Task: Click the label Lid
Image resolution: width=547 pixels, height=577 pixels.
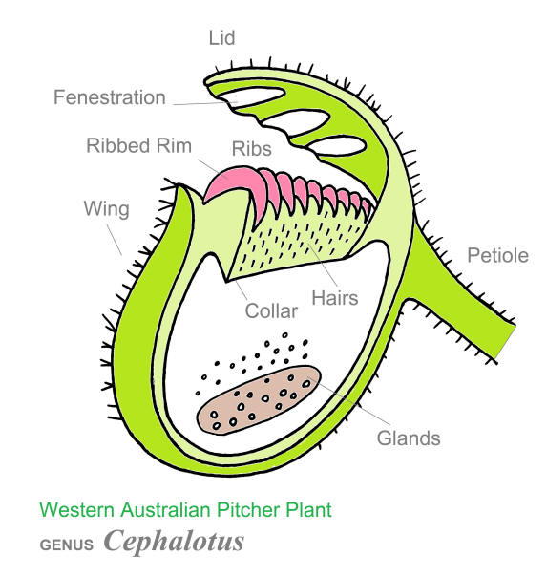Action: [221, 38]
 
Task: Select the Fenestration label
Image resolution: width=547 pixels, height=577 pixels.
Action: [110, 97]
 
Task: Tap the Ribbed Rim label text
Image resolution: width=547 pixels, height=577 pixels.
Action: [139, 145]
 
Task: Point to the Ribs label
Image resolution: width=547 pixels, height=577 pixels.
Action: [252, 149]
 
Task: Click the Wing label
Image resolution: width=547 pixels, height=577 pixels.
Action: [107, 209]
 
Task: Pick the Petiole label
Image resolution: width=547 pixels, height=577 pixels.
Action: [497, 255]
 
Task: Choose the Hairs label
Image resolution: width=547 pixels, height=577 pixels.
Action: [335, 298]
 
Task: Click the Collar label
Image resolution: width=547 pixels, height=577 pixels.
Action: [271, 311]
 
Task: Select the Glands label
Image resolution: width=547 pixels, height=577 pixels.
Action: [409, 438]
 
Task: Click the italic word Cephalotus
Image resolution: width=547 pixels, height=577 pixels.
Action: [174, 542]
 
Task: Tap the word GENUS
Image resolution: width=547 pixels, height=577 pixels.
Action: [67, 545]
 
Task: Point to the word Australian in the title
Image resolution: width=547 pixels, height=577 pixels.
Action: [166, 510]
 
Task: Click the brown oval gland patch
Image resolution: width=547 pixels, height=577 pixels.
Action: [259, 400]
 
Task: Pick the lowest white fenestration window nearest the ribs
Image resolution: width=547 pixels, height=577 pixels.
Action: [338, 145]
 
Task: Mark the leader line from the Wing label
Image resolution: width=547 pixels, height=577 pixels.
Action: [115, 240]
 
